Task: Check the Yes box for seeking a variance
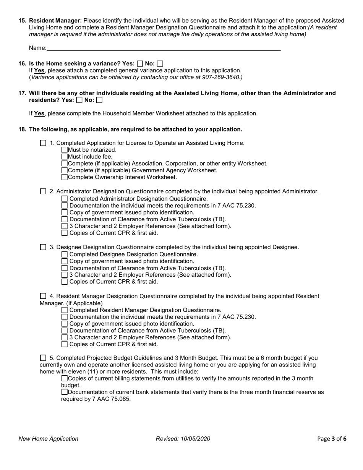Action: point(140,64)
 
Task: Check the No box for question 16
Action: point(160,64)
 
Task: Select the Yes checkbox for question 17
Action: point(79,100)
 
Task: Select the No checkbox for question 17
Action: point(99,100)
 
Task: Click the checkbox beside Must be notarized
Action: point(64,150)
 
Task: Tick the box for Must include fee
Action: point(64,157)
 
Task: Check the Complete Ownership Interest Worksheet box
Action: point(64,177)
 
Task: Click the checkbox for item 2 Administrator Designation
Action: point(43,191)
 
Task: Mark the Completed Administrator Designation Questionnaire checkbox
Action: point(64,199)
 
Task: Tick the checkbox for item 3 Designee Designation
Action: point(43,247)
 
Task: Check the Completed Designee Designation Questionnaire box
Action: point(64,254)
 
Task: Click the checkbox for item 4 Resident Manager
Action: point(43,296)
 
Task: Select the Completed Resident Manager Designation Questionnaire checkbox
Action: point(64,310)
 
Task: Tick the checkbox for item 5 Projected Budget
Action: point(43,358)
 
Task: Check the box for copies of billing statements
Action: point(64,378)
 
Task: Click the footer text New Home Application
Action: point(49,439)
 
